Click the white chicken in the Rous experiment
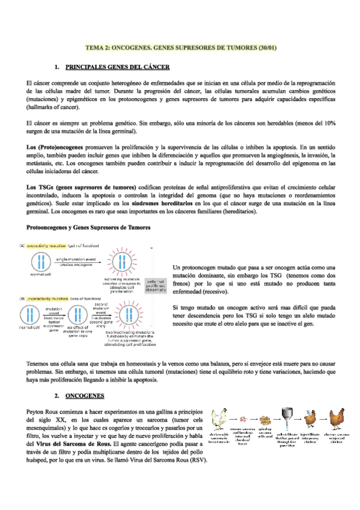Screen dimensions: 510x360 [x=219, y=416]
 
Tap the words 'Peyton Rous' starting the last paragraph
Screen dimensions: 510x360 [x=44, y=410]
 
